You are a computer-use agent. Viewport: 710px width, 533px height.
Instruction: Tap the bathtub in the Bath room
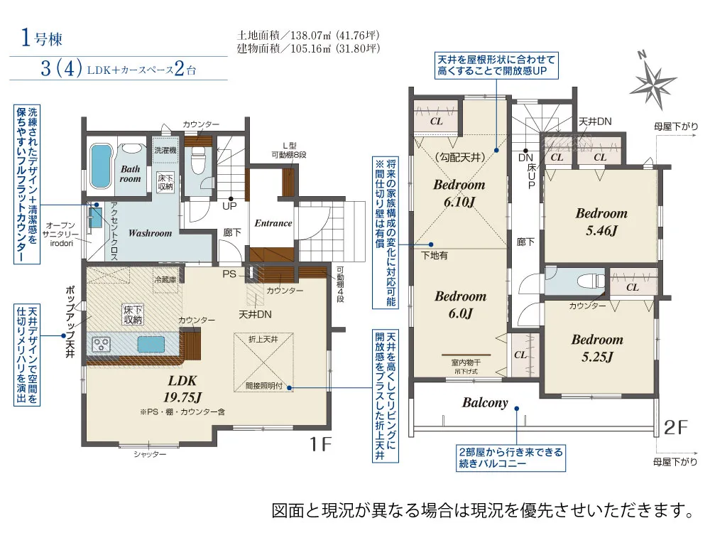coord(100,166)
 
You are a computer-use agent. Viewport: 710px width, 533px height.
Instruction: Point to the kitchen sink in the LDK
coord(151,344)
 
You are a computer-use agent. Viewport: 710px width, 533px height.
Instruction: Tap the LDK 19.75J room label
coord(182,389)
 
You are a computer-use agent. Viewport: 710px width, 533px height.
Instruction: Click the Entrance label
coord(273,223)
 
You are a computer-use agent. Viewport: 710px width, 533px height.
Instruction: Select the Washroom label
coord(150,233)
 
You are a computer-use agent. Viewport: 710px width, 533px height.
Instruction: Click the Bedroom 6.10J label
coord(459,193)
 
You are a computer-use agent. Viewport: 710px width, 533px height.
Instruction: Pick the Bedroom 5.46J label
coord(601,222)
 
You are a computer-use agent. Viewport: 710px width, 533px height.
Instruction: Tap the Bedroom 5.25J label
coord(597,348)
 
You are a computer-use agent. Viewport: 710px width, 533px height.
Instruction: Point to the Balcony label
coord(485,402)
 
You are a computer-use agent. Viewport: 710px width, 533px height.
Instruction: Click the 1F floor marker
coord(321,444)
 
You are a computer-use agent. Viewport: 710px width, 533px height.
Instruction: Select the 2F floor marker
coord(676,427)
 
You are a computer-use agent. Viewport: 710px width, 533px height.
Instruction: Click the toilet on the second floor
coord(591,281)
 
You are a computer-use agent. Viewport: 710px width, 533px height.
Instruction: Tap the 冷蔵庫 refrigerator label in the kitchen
coord(165,279)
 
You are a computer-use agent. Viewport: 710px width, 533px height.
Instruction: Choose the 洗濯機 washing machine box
coord(165,149)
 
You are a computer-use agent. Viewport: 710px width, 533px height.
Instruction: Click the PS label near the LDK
coord(229,274)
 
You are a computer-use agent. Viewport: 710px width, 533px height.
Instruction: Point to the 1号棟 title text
coord(41,38)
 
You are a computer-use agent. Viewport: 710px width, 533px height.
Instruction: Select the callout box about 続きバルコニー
coord(510,458)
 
